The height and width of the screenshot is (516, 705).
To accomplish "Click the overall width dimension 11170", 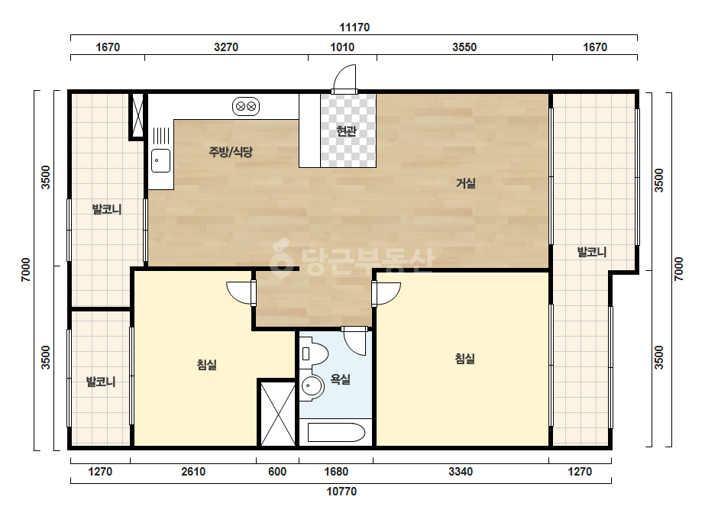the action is click(354, 27).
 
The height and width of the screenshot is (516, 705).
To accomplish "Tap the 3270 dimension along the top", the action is click(226, 47).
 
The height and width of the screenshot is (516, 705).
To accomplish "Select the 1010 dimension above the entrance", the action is click(342, 47).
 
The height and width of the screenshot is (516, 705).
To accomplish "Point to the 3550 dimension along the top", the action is click(464, 47).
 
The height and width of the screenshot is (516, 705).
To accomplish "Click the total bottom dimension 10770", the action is click(341, 492).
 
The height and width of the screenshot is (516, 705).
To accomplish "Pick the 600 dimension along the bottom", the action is click(277, 472).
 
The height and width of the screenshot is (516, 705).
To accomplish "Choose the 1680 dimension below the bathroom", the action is click(336, 472).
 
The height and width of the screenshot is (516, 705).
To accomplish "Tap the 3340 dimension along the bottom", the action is click(461, 472).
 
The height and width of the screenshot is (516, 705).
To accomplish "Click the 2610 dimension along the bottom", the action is click(193, 472).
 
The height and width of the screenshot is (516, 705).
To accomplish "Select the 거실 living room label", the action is click(466, 183).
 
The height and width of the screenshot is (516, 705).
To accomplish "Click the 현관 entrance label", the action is click(346, 131).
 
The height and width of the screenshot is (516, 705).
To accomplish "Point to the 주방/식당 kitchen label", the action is click(231, 152).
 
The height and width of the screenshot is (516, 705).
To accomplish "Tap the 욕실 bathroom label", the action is click(341, 379).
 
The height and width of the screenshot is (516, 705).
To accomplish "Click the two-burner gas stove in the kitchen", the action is click(246, 107).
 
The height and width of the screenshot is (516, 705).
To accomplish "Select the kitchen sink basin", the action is click(160, 160).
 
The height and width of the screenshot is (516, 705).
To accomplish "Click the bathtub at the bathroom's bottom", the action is click(336, 432).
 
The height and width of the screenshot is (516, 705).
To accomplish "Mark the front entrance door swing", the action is click(344, 79).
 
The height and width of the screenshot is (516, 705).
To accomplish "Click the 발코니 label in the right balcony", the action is click(592, 252).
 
